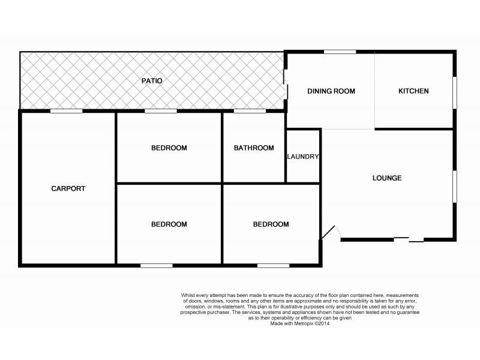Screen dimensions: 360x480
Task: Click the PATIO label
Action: [x=152, y=80]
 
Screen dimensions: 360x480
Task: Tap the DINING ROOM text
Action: [x=331, y=91]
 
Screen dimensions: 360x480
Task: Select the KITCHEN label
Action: [x=413, y=91]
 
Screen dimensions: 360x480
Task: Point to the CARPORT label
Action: [x=68, y=188]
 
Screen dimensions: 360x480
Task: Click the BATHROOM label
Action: [x=254, y=148]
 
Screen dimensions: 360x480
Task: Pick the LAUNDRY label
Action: [x=303, y=157]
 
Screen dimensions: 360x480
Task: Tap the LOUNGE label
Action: [x=387, y=178]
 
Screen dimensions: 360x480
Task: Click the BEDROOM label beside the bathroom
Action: [x=169, y=148]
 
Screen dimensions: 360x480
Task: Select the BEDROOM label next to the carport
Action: [x=169, y=224]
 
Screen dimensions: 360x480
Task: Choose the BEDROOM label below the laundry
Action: [x=271, y=224]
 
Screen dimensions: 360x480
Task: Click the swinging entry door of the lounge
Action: [x=331, y=233]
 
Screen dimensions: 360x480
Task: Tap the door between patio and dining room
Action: [x=286, y=90]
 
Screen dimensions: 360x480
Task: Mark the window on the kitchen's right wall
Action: [x=455, y=92]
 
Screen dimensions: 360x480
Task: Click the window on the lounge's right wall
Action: [x=455, y=187]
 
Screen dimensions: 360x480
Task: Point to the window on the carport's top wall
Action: [x=66, y=111]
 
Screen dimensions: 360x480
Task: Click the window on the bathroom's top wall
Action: [x=250, y=111]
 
